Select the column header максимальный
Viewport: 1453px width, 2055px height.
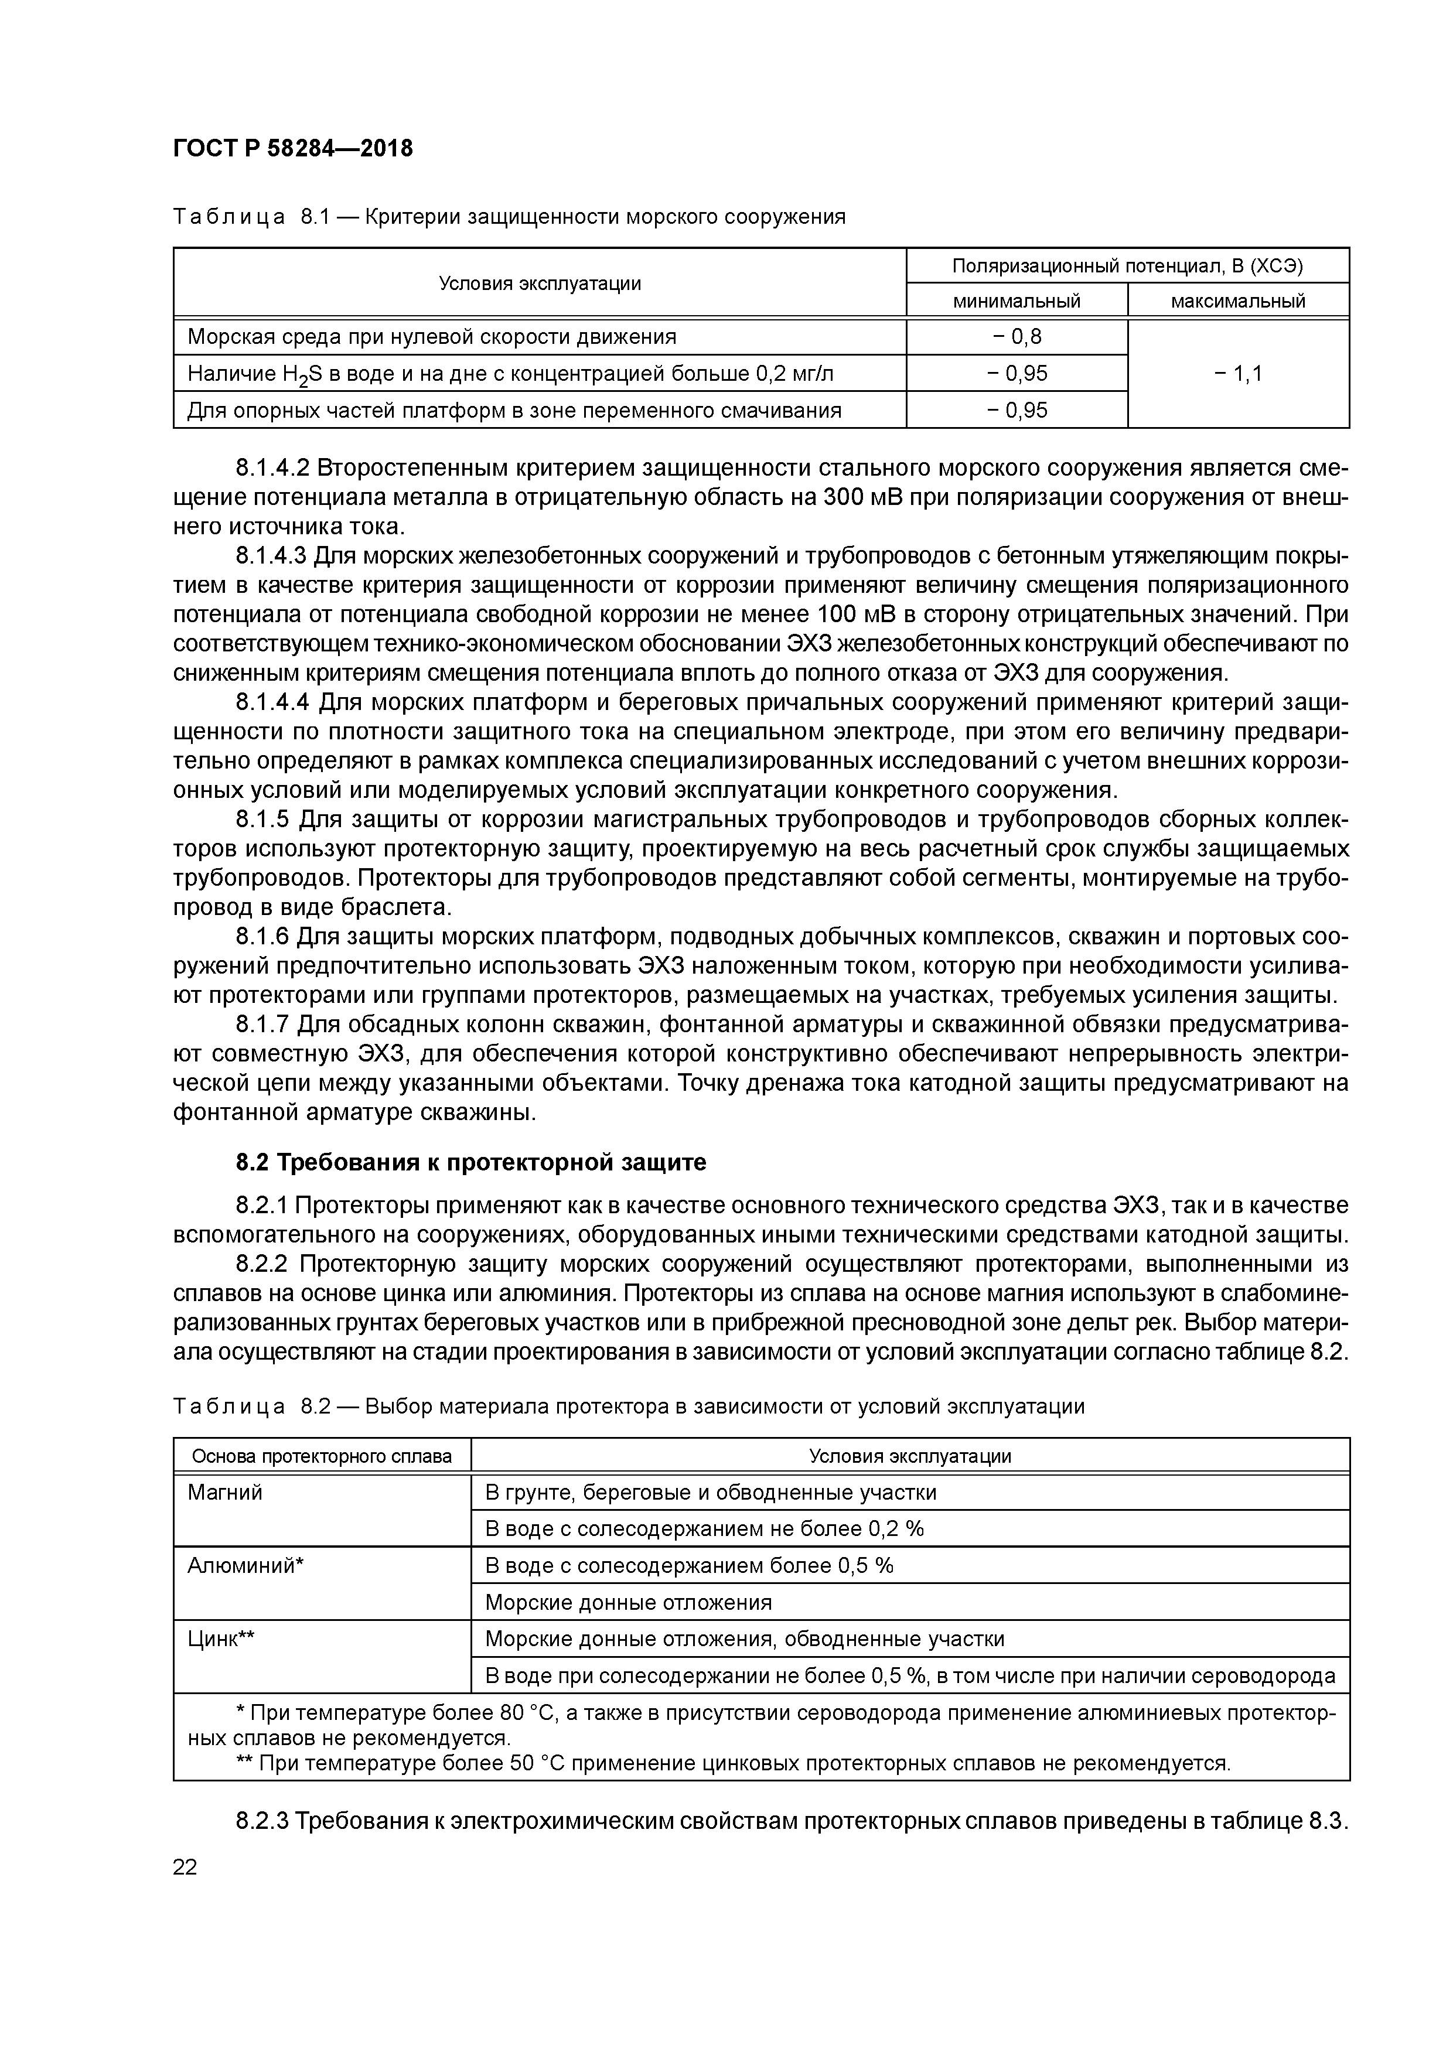click(x=1237, y=301)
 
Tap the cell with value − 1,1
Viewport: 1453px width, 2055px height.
click(x=1237, y=373)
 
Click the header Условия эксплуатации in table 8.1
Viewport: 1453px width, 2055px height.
click(x=540, y=283)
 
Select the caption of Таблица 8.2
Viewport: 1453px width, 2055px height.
click(x=629, y=1406)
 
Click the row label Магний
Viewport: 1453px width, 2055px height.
click(x=225, y=1492)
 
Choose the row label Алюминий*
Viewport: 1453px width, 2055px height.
click(x=246, y=1565)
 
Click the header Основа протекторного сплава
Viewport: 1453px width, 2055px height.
click(x=322, y=1456)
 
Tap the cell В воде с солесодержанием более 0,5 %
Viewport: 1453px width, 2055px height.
click(x=688, y=1565)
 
